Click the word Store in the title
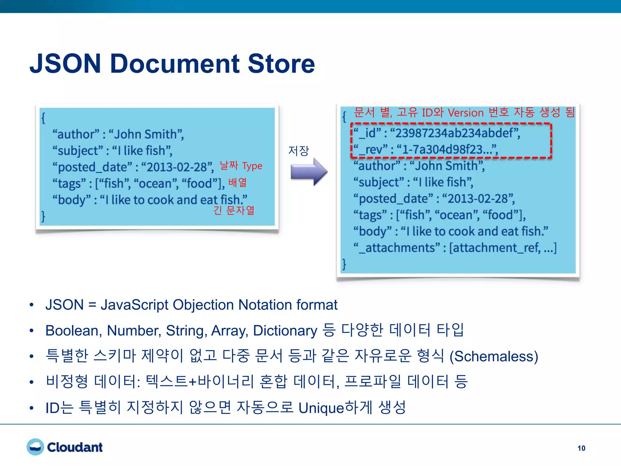[281, 64]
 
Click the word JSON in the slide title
[65, 64]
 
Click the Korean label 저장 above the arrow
[298, 151]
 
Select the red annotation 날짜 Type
[241, 166]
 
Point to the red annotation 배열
[237, 182]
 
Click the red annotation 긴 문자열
[234, 210]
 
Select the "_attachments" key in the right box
[397, 248]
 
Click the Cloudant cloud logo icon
[35, 447]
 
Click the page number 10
[581, 448]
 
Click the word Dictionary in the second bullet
[285, 331]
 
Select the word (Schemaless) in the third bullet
[494, 356]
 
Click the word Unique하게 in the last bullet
[335, 408]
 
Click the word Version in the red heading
[465, 113]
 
